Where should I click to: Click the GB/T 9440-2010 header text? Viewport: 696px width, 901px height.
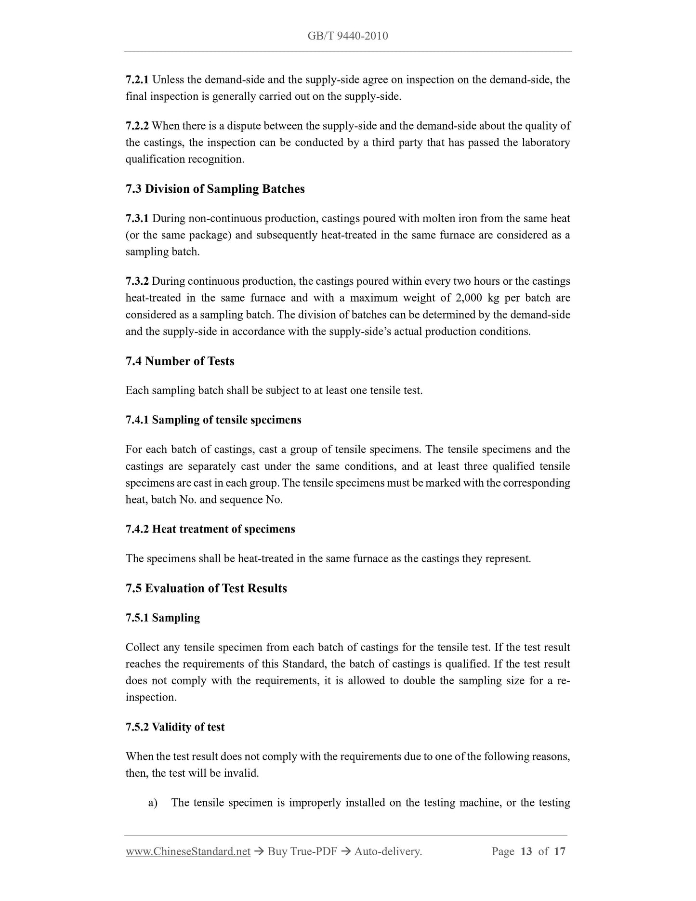click(x=347, y=36)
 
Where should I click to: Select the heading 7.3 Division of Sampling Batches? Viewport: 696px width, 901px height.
click(x=215, y=189)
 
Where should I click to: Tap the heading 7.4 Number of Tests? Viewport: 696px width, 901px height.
click(x=180, y=361)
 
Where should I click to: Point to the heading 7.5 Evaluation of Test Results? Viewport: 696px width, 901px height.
click(x=206, y=588)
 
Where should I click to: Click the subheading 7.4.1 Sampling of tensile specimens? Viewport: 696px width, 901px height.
click(x=213, y=420)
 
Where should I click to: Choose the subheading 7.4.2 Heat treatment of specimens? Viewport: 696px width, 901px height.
click(x=210, y=529)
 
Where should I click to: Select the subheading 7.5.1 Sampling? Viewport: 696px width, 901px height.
click(x=162, y=618)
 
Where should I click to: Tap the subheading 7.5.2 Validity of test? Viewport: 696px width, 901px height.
click(x=175, y=727)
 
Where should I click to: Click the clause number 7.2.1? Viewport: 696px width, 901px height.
click(x=137, y=79)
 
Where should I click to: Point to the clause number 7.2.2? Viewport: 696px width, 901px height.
click(x=137, y=126)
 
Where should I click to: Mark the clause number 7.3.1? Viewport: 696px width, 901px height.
click(x=137, y=218)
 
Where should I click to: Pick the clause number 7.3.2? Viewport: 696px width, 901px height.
click(x=137, y=281)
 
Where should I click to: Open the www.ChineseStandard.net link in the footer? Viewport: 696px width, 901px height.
click(x=188, y=851)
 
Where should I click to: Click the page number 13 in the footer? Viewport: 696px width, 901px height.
click(x=526, y=851)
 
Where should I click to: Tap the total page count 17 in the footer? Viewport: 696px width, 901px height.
click(x=559, y=851)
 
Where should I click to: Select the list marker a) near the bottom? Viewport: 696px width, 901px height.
click(x=153, y=803)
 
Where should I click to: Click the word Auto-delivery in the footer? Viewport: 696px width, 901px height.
click(x=388, y=851)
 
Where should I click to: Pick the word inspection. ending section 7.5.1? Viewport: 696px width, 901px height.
click(x=151, y=697)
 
